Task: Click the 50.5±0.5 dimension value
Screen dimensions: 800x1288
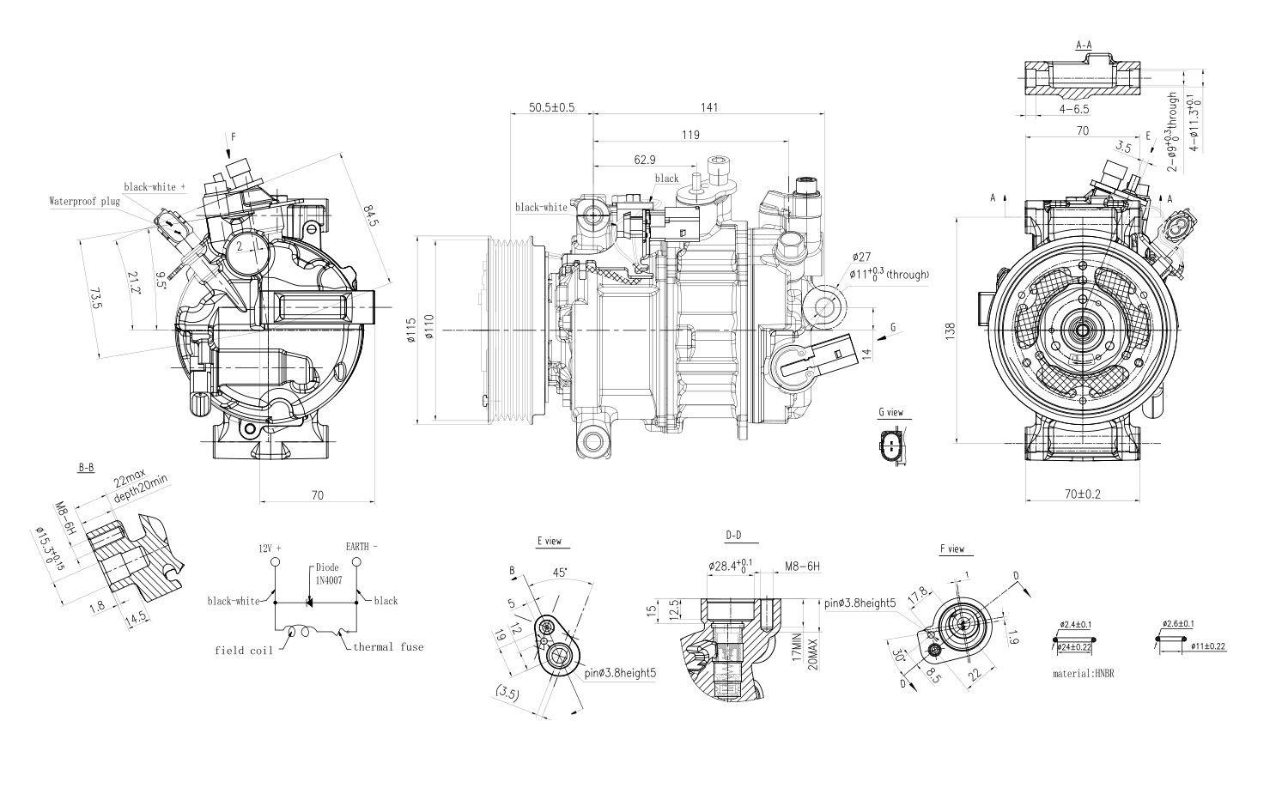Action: (x=551, y=107)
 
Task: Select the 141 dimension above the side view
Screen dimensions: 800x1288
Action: (x=708, y=107)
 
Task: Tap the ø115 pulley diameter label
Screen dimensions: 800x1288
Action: (x=411, y=330)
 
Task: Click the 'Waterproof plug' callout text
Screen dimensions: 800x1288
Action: (x=84, y=202)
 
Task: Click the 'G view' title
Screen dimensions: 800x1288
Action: (x=890, y=412)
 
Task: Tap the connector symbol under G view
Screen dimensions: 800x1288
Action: (x=891, y=446)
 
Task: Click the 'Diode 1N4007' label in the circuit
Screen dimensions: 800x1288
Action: (x=327, y=573)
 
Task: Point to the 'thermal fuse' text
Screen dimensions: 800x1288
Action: (x=388, y=646)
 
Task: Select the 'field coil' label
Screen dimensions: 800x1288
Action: (x=243, y=651)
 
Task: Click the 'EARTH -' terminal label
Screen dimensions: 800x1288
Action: (x=361, y=546)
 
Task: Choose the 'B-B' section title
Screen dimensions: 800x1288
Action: (x=86, y=468)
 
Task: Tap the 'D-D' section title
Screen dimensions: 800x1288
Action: (x=732, y=536)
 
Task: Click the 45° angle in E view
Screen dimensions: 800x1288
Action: (x=559, y=572)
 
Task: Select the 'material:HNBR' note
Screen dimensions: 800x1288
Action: (x=1084, y=674)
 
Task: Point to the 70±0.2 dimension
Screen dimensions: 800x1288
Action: (x=1082, y=494)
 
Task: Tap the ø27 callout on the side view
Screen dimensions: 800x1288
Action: (x=862, y=257)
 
